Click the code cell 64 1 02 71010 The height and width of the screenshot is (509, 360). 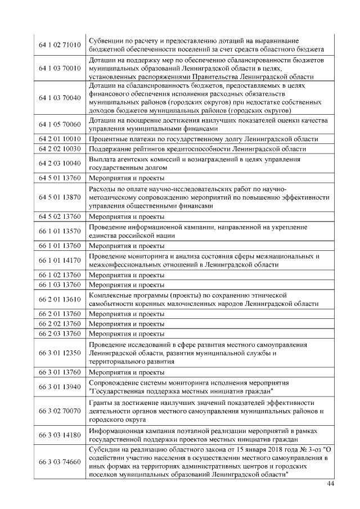pos(60,44)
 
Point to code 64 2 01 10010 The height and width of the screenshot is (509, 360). pos(60,138)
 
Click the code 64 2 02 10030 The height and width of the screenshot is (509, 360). pos(60,148)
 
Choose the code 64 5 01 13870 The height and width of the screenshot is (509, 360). pos(60,197)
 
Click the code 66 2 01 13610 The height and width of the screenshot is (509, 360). pos(60,299)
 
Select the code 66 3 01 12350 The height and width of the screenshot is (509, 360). pos(60,353)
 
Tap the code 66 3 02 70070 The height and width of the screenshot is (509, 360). pos(60,411)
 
